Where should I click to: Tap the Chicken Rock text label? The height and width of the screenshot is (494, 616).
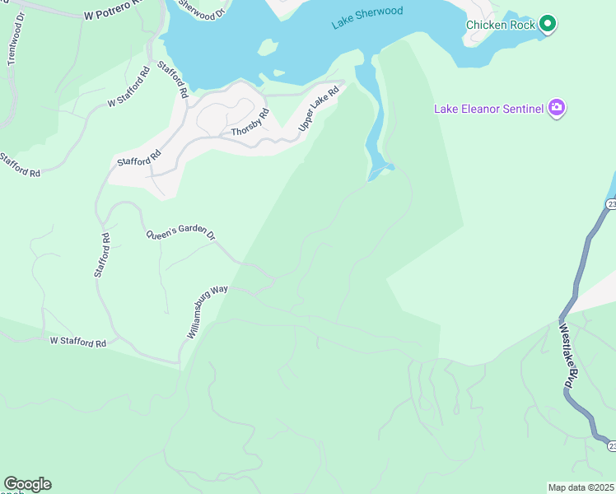(x=500, y=25)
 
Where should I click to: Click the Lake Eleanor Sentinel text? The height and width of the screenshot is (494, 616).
(x=488, y=109)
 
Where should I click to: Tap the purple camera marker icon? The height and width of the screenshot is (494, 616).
(x=558, y=108)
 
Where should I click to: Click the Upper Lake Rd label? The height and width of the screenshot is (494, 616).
(x=319, y=109)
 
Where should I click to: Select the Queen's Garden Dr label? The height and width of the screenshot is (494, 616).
(x=180, y=235)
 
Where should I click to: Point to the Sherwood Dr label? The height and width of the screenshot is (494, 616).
(x=201, y=11)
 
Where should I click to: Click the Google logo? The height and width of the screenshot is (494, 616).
(x=27, y=484)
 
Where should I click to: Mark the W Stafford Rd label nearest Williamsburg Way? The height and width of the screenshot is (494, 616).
(x=79, y=342)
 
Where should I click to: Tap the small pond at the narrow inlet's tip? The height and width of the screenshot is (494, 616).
(x=380, y=171)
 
